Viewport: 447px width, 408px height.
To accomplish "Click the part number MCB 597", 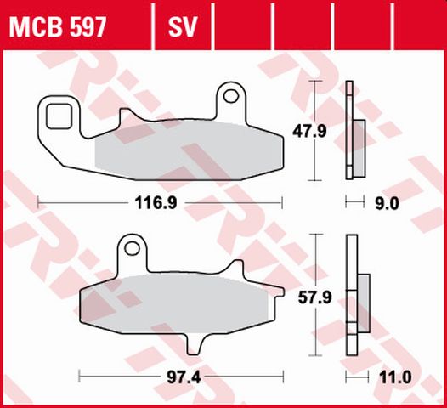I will click(58, 29).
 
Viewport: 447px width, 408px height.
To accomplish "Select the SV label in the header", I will click(182, 29).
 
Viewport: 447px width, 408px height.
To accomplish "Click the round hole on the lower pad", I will click(130, 249).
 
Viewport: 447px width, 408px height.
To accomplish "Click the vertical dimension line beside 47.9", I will click(317, 130).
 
